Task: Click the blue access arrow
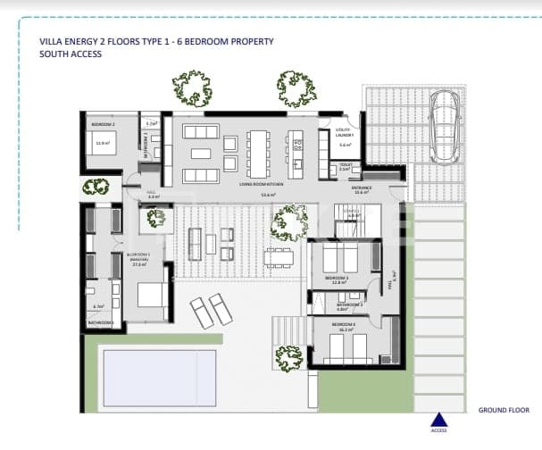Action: [438, 421]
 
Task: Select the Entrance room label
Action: [361, 187]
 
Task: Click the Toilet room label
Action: [346, 164]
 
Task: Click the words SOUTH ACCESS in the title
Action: [71, 54]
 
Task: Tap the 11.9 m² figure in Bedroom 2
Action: [102, 142]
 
